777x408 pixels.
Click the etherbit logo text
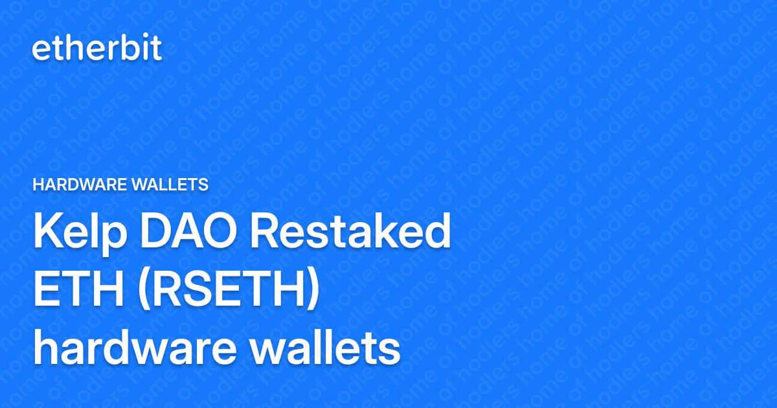(x=97, y=49)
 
